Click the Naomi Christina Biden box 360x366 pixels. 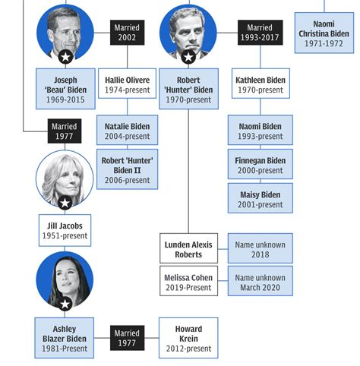pos(324,33)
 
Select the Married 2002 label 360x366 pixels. pos(127,33)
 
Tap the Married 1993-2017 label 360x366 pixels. pos(260,33)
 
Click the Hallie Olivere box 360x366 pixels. pos(127,84)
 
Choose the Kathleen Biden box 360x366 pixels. pos(261,84)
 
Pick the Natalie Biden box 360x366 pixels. pos(127,130)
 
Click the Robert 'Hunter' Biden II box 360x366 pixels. pos(127,169)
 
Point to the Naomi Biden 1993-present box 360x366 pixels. pos(261,130)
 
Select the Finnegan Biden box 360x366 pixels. pos(261,164)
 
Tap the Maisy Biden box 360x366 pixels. pos(261,198)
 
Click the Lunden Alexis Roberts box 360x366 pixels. pos(188,248)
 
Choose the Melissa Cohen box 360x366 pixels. pos(188,281)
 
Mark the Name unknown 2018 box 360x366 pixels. pos(261,248)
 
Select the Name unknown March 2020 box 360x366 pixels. pos(261,281)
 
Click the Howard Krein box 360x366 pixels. pos(188,338)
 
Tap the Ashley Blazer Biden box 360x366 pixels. pos(65,338)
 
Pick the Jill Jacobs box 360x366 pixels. pos(65,230)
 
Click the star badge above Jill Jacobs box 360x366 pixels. pos(65,203)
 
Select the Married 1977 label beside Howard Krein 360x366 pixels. pos(127,338)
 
